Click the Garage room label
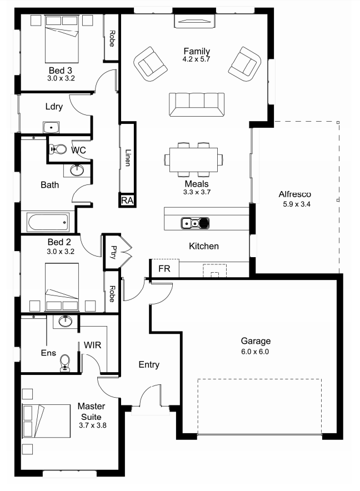pyautogui.click(x=255, y=341)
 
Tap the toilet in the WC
pyautogui.click(x=57, y=149)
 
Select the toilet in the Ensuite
pyautogui.click(x=65, y=362)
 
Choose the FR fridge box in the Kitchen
pyautogui.click(x=164, y=268)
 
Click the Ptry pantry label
pyautogui.click(x=112, y=253)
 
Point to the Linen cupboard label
pyautogui.click(x=127, y=158)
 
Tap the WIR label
pyautogui.click(x=92, y=345)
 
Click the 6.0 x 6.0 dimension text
pyautogui.click(x=255, y=352)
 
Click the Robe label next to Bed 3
pyautogui.click(x=112, y=38)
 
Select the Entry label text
pyautogui.click(x=149, y=365)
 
